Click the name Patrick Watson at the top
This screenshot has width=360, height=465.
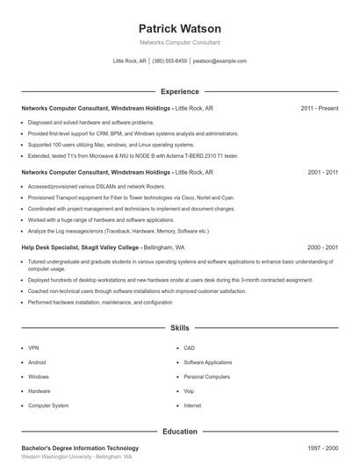click(x=180, y=28)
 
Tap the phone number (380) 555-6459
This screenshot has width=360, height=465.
click(x=169, y=61)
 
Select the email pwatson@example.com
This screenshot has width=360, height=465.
click(x=220, y=61)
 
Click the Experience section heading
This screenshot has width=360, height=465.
click(x=180, y=91)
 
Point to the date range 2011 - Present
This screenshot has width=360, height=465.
click(x=320, y=108)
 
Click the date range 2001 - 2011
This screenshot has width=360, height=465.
click(x=323, y=173)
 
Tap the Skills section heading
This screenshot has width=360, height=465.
click(x=180, y=328)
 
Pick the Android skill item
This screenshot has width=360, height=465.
click(x=38, y=361)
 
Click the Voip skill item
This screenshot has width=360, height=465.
click(x=190, y=391)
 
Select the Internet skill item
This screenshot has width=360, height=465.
click(x=192, y=406)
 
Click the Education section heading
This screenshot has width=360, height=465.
click(x=180, y=432)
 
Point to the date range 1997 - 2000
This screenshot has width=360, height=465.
click(x=323, y=448)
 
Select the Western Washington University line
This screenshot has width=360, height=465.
click(x=76, y=458)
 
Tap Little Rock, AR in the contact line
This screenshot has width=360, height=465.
click(x=130, y=61)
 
